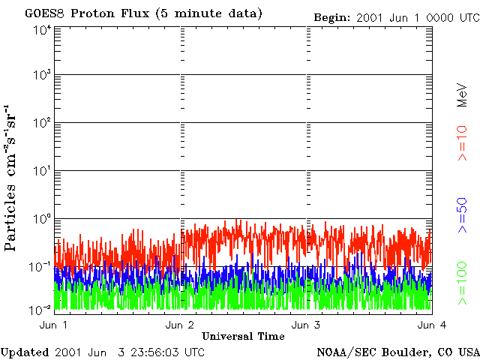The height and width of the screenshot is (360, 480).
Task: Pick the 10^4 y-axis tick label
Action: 41,30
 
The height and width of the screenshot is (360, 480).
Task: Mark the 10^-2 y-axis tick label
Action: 40,308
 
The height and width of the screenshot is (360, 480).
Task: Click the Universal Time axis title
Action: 243,335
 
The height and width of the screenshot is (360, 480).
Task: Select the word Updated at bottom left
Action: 25,352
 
